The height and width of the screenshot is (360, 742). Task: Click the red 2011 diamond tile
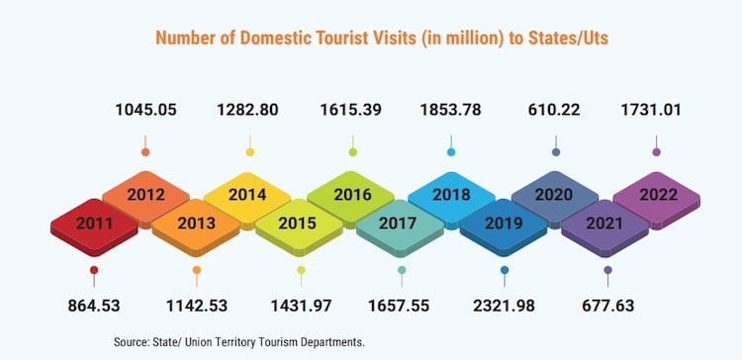click(94, 223)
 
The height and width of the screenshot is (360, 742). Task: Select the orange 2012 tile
click(145, 194)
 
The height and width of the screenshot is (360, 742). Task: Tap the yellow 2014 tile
click(247, 194)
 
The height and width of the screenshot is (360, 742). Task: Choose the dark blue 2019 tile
click(504, 223)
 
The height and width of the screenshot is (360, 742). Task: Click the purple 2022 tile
click(657, 194)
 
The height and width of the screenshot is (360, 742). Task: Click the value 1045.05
click(145, 110)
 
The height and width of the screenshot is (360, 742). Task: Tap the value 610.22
click(555, 110)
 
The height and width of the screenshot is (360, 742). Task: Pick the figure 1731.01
click(657, 110)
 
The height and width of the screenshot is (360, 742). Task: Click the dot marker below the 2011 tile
click(94, 270)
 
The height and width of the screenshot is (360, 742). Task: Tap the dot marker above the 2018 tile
click(452, 151)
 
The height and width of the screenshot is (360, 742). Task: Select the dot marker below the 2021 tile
click(607, 270)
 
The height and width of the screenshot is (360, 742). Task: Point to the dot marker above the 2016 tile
click(352, 151)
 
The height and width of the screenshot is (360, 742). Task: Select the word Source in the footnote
click(134, 341)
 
